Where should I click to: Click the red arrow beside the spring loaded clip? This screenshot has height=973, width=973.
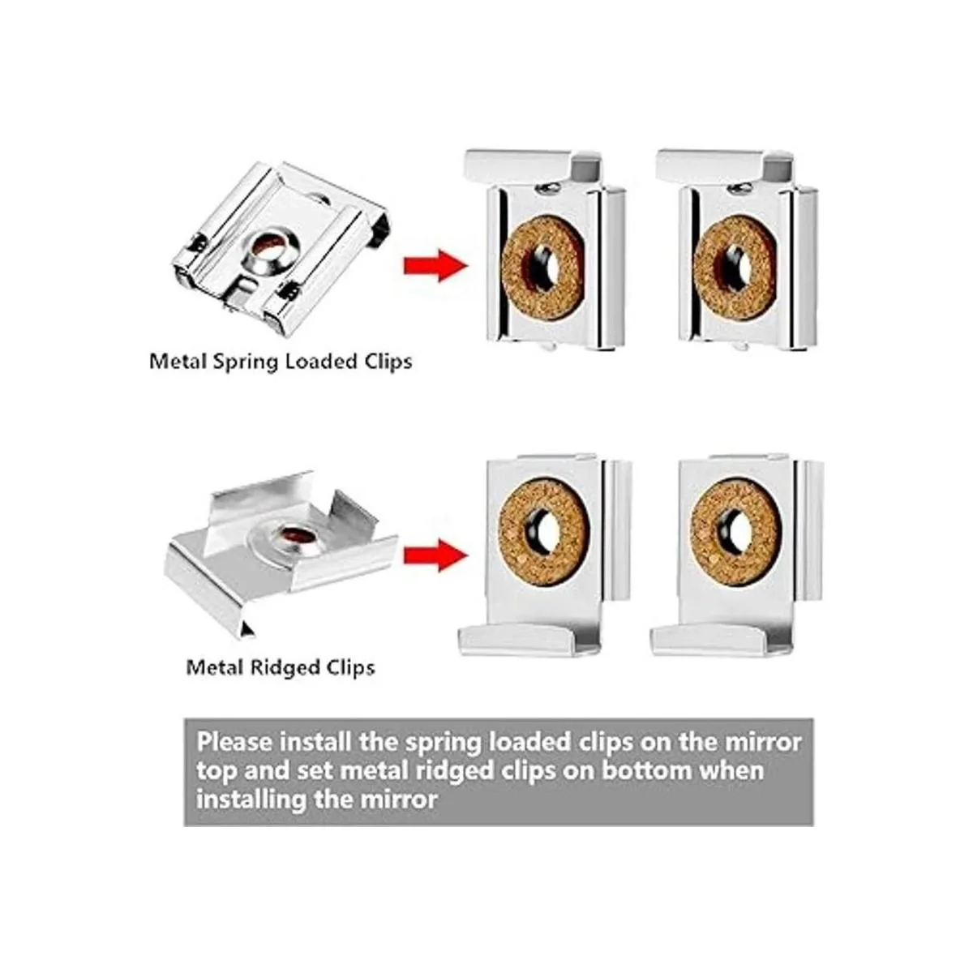point(435,266)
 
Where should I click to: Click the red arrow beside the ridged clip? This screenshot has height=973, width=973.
point(435,555)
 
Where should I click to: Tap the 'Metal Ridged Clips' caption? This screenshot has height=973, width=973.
point(281,667)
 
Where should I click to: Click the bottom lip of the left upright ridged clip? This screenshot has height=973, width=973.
point(529,641)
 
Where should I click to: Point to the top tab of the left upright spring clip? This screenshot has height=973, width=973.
point(534,167)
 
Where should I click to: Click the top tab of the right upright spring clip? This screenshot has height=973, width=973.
point(725,167)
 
